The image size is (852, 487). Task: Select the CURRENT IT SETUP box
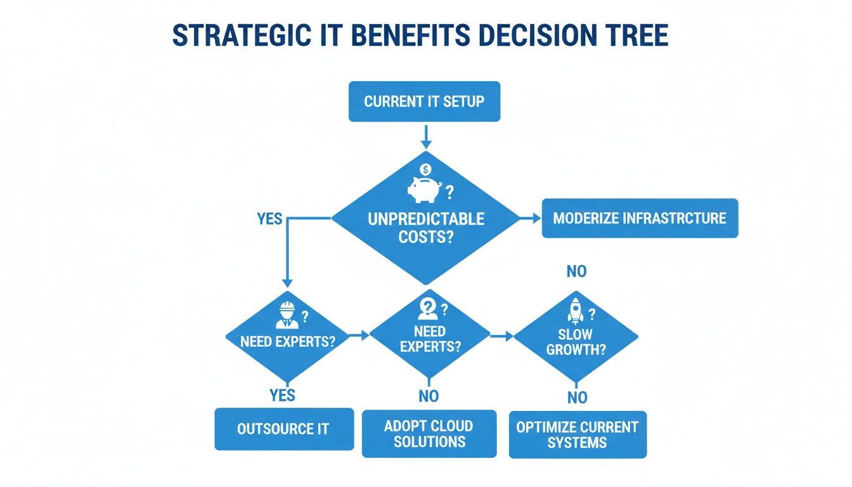[424, 101]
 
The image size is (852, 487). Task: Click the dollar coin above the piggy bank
[425, 169]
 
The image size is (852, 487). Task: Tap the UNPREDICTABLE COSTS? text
[426, 228]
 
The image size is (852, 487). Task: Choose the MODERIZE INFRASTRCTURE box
[640, 219]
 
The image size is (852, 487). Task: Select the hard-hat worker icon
[286, 315]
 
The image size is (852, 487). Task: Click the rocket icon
[576, 311]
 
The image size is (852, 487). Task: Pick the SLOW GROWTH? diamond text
[576, 341]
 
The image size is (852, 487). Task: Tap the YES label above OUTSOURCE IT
[282, 395]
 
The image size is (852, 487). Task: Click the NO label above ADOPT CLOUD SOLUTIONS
[429, 396]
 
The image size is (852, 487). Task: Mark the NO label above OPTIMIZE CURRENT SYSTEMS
[577, 398]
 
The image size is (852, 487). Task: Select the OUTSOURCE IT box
[283, 429]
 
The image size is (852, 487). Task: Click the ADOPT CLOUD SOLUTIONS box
[429, 434]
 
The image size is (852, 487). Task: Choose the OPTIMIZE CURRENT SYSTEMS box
[578, 434]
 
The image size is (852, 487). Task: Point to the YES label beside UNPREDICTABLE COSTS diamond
[269, 219]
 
